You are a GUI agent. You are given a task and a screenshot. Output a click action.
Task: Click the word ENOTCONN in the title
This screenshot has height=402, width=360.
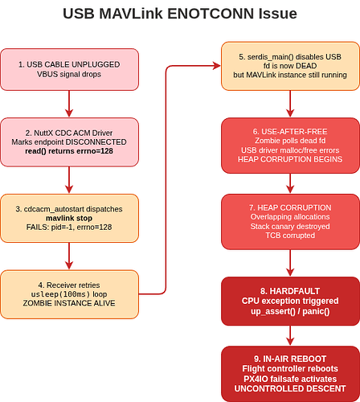click(211, 14)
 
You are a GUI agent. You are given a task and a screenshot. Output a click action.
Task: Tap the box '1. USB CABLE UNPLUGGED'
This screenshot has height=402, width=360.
click(69, 69)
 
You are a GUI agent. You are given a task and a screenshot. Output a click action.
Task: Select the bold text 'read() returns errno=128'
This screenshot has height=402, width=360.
click(69, 151)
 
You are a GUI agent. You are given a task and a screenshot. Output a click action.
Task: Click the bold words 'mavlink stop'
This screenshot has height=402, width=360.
click(69, 218)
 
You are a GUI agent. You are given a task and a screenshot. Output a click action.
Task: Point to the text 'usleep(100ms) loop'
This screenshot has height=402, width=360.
click(69, 294)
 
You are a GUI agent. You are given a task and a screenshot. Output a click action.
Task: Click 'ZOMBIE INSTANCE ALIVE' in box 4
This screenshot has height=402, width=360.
click(69, 303)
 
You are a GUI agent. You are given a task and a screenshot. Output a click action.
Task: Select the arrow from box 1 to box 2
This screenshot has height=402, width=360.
click(69, 104)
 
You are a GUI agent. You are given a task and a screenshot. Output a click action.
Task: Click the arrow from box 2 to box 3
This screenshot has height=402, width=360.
click(69, 179)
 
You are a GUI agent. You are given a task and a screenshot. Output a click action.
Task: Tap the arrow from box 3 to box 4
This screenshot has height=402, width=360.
click(69, 256)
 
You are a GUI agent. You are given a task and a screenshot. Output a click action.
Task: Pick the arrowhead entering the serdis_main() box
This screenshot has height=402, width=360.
click(217, 66)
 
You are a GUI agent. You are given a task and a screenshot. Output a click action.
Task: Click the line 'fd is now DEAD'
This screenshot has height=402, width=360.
click(290, 66)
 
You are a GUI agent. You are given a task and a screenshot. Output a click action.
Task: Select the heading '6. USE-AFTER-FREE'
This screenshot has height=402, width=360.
click(290, 132)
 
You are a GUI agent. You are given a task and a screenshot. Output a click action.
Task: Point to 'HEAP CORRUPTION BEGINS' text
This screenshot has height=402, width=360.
click(290, 159)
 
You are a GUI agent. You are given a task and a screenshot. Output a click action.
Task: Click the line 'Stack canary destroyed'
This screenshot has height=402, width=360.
click(290, 227)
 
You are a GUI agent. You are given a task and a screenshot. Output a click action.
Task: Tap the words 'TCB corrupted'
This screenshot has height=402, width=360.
click(290, 236)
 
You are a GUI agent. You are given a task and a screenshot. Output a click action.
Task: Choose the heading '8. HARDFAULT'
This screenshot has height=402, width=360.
click(290, 291)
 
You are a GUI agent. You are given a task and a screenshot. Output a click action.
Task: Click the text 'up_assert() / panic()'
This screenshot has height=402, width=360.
click(290, 311)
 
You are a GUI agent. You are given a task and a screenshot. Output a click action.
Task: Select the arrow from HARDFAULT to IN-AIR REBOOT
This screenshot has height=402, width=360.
click(290, 335)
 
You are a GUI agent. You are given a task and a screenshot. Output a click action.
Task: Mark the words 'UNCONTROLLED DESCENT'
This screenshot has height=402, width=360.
click(290, 388)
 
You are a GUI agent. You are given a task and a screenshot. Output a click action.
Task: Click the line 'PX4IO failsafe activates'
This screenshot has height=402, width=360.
click(290, 379)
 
